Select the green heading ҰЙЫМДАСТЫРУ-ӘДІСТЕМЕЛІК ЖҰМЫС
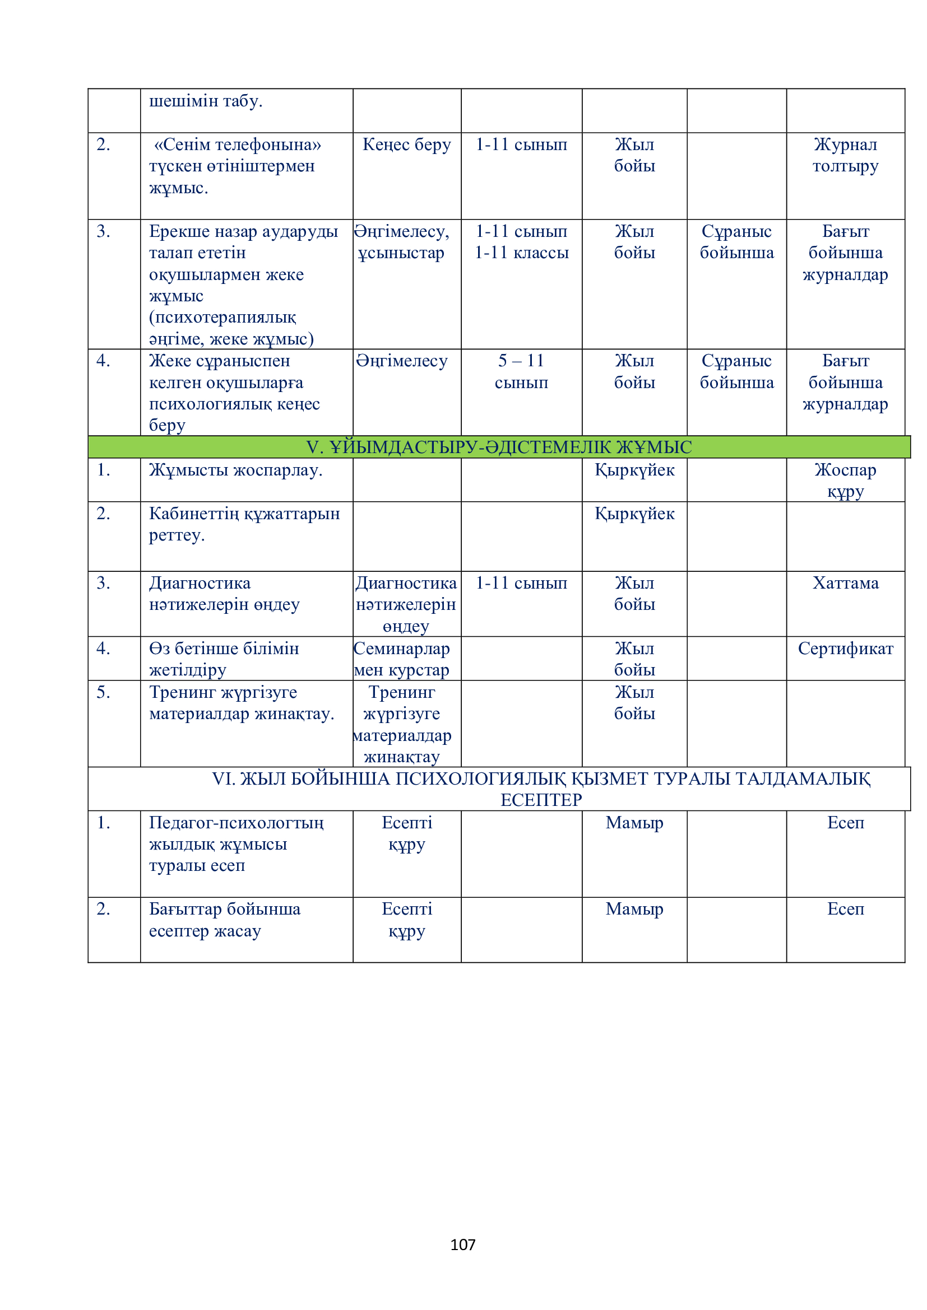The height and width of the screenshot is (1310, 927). [499, 447]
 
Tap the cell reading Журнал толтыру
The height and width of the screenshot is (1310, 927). [845, 155]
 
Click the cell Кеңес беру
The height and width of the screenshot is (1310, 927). [406, 145]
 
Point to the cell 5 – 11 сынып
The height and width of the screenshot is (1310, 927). [521, 371]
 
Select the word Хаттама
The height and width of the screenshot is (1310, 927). [845, 583]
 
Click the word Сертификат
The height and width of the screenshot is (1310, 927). [845, 649]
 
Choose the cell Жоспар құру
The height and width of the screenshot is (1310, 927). [845, 481]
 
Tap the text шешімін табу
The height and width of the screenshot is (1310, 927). [206, 101]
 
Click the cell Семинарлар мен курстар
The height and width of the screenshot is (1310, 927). [402, 659]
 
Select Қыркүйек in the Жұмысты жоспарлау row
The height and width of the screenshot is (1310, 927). [634, 470]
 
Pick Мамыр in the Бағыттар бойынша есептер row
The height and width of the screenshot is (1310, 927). [634, 909]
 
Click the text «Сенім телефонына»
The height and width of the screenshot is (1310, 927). [238, 145]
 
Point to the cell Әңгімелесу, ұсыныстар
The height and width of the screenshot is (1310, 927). [402, 242]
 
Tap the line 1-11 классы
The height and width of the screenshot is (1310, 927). [521, 253]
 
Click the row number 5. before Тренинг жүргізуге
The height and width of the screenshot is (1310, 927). [103, 692]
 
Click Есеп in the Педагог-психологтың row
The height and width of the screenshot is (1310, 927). [845, 823]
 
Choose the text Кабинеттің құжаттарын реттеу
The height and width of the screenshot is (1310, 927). [244, 524]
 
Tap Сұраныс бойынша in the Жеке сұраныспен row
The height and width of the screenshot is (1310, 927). [736, 371]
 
